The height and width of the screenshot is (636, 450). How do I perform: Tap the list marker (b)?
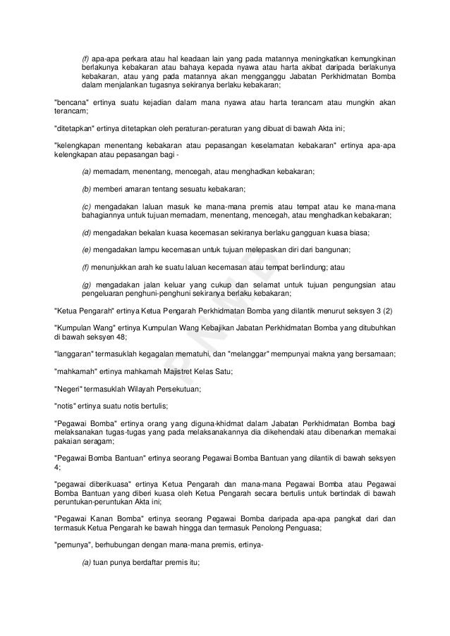click(x=87, y=189)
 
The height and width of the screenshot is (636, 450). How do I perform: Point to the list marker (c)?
click(x=87, y=205)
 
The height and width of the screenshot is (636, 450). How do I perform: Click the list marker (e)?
click(x=87, y=250)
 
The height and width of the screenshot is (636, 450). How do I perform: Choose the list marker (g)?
click(x=87, y=284)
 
